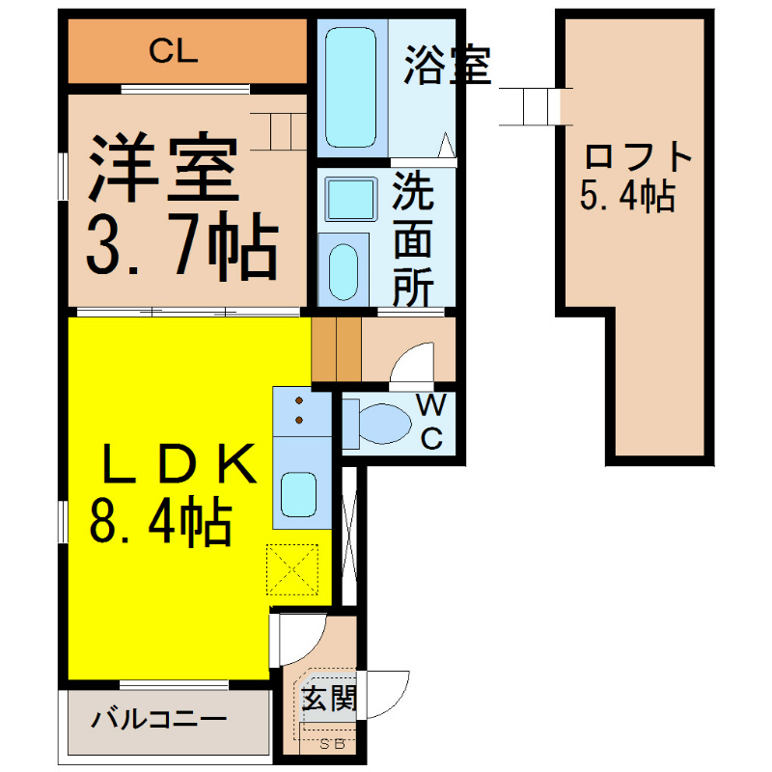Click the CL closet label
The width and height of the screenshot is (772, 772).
point(174,51)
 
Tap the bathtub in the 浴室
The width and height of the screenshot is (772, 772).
point(350,87)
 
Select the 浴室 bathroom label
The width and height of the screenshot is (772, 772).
point(447,65)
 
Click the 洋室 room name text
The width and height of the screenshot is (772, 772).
point(164,167)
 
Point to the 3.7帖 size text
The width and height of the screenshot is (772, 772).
point(182,244)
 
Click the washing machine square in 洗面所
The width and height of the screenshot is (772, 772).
point(350,200)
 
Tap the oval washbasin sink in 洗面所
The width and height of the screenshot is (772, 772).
point(344,272)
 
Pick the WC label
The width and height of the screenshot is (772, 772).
point(431,422)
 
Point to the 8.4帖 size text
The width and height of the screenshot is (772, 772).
point(160,523)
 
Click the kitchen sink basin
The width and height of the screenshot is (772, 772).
point(299,494)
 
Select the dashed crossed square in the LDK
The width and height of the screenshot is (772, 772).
point(292,569)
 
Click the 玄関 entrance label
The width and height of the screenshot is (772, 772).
point(328,698)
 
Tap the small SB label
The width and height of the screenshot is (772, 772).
point(332,744)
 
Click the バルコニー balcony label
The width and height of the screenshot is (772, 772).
point(158,720)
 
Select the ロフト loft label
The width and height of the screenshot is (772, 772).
point(638,156)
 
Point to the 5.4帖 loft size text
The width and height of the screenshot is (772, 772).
point(627,196)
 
